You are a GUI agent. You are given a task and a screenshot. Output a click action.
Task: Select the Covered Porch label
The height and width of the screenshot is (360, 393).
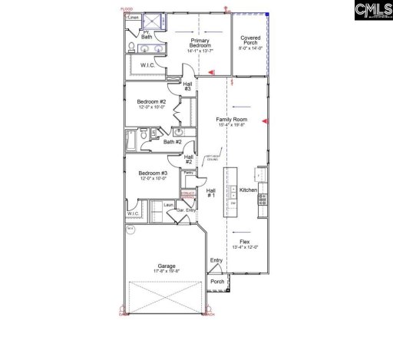pyautogui.click(x=250, y=41)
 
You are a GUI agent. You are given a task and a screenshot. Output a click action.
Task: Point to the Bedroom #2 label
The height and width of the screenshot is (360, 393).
pyautogui.click(x=152, y=104)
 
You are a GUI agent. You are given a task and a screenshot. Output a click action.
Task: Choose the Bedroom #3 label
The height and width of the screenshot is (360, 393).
pyautogui.click(x=152, y=176)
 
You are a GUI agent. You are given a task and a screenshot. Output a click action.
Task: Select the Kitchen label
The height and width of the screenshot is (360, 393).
pyautogui.click(x=248, y=190)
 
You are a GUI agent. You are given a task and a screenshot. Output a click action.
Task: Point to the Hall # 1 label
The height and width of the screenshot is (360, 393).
pyautogui.click(x=211, y=193)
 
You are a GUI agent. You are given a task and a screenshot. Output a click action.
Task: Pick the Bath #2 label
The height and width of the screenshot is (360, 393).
pyautogui.click(x=173, y=141)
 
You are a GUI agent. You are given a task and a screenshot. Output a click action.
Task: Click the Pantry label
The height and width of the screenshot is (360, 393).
pyautogui.click(x=188, y=173)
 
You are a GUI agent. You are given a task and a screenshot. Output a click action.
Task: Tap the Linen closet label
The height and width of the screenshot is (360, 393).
pyautogui.click(x=134, y=16)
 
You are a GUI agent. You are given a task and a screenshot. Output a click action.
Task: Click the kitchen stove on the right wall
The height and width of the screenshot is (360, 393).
pyautogui.click(x=263, y=200)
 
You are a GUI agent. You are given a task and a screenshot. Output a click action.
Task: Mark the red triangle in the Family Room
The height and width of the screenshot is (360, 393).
pyautogui.click(x=265, y=121)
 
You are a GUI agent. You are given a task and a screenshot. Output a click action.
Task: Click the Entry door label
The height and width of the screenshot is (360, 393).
pyautogui.click(x=216, y=260)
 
